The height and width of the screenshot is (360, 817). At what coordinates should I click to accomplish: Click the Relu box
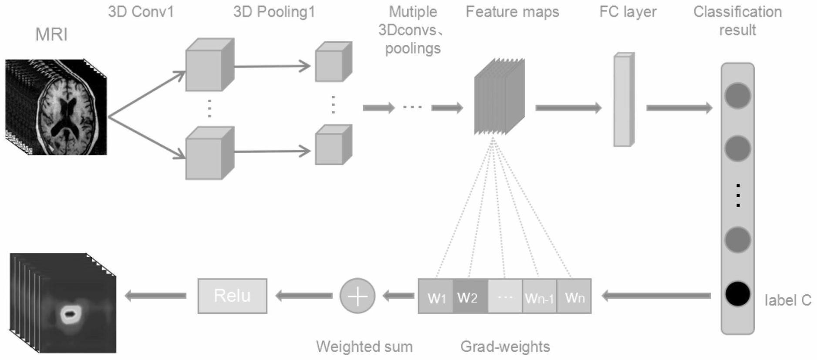[232, 296]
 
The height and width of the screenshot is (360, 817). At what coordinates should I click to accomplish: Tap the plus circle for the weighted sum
[357, 296]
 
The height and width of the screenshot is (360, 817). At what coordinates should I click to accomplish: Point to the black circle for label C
[737, 294]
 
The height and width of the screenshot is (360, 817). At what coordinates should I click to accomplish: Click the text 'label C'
[788, 300]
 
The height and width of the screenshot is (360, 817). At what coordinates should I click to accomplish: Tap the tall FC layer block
[624, 100]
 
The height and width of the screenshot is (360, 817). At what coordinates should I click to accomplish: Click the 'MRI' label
[51, 34]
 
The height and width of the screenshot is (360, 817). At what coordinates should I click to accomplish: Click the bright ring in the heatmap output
[69, 313]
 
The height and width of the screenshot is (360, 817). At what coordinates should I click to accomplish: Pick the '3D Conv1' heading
[141, 12]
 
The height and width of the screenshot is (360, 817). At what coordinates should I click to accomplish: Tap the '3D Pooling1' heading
[274, 12]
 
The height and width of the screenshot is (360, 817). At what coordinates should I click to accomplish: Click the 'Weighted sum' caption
[364, 347]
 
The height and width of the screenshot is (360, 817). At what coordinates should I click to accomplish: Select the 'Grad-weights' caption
[505, 347]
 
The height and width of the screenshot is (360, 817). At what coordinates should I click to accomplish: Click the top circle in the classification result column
[737, 96]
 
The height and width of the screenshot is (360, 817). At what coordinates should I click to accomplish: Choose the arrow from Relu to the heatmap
[155, 296]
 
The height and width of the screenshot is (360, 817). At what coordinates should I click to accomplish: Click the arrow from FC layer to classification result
[679, 108]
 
